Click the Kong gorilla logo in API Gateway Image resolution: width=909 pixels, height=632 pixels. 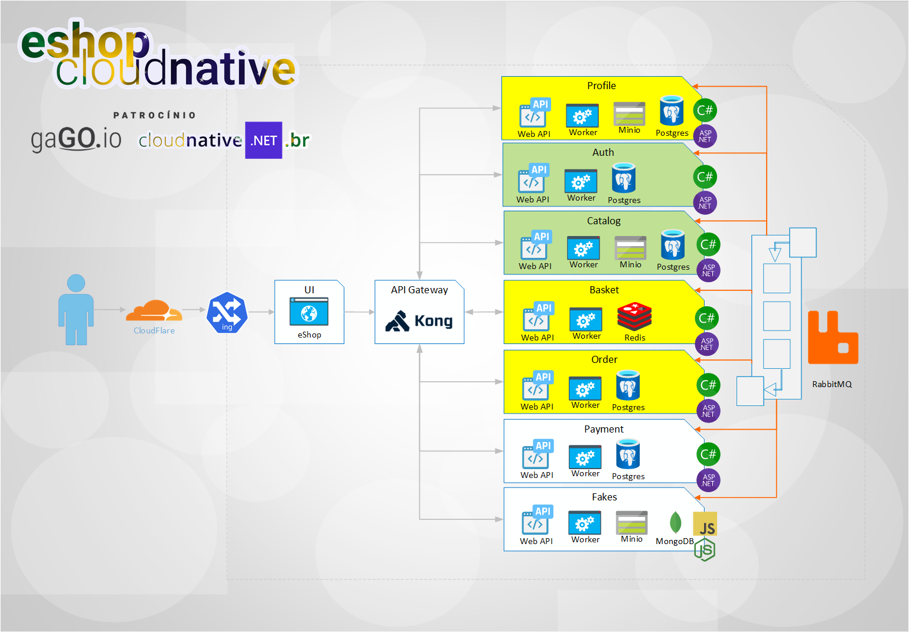point(398,321)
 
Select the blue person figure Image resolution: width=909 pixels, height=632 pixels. point(76,310)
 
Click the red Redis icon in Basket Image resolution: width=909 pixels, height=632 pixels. point(634,316)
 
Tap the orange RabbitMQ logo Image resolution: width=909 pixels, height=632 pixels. point(833,338)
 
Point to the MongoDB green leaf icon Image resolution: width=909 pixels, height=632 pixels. point(675,522)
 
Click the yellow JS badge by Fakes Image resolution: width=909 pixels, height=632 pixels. point(705,524)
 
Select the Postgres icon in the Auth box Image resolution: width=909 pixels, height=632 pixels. point(624,178)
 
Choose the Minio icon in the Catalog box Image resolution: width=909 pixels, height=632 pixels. point(630,248)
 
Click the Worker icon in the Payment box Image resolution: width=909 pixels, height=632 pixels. point(585,457)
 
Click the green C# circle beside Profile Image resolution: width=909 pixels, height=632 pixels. point(705,110)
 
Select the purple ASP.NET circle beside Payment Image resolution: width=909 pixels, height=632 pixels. point(708,480)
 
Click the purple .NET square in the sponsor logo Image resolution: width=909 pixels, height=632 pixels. point(263,140)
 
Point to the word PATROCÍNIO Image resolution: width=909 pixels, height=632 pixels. point(155,115)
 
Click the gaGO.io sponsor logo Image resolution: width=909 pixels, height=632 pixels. point(76,139)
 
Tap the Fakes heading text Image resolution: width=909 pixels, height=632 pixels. point(604,497)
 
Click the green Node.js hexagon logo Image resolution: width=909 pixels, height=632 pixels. point(705,550)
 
